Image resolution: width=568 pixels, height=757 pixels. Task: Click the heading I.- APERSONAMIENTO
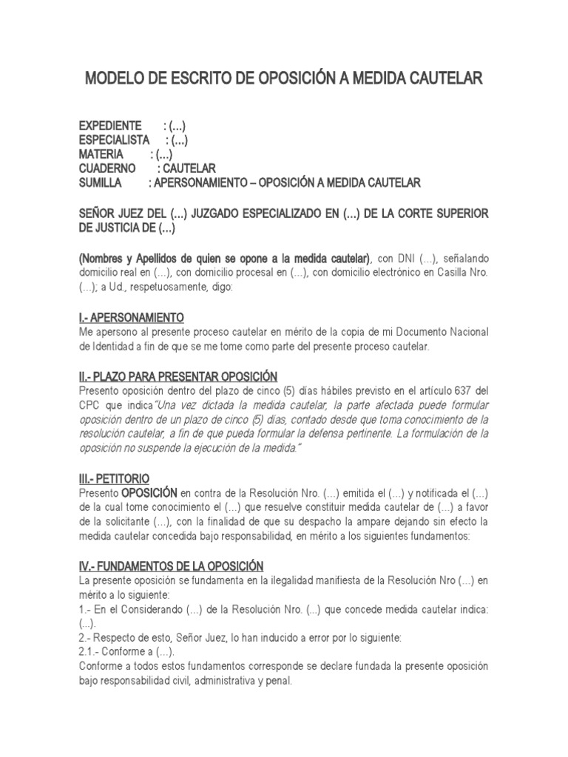131,317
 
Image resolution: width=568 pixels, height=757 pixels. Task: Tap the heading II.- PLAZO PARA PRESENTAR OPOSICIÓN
177,376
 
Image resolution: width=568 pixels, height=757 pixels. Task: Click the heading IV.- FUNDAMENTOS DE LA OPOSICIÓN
171,566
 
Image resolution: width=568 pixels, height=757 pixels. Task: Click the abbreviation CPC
90,404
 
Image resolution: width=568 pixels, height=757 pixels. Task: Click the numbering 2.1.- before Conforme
92,651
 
